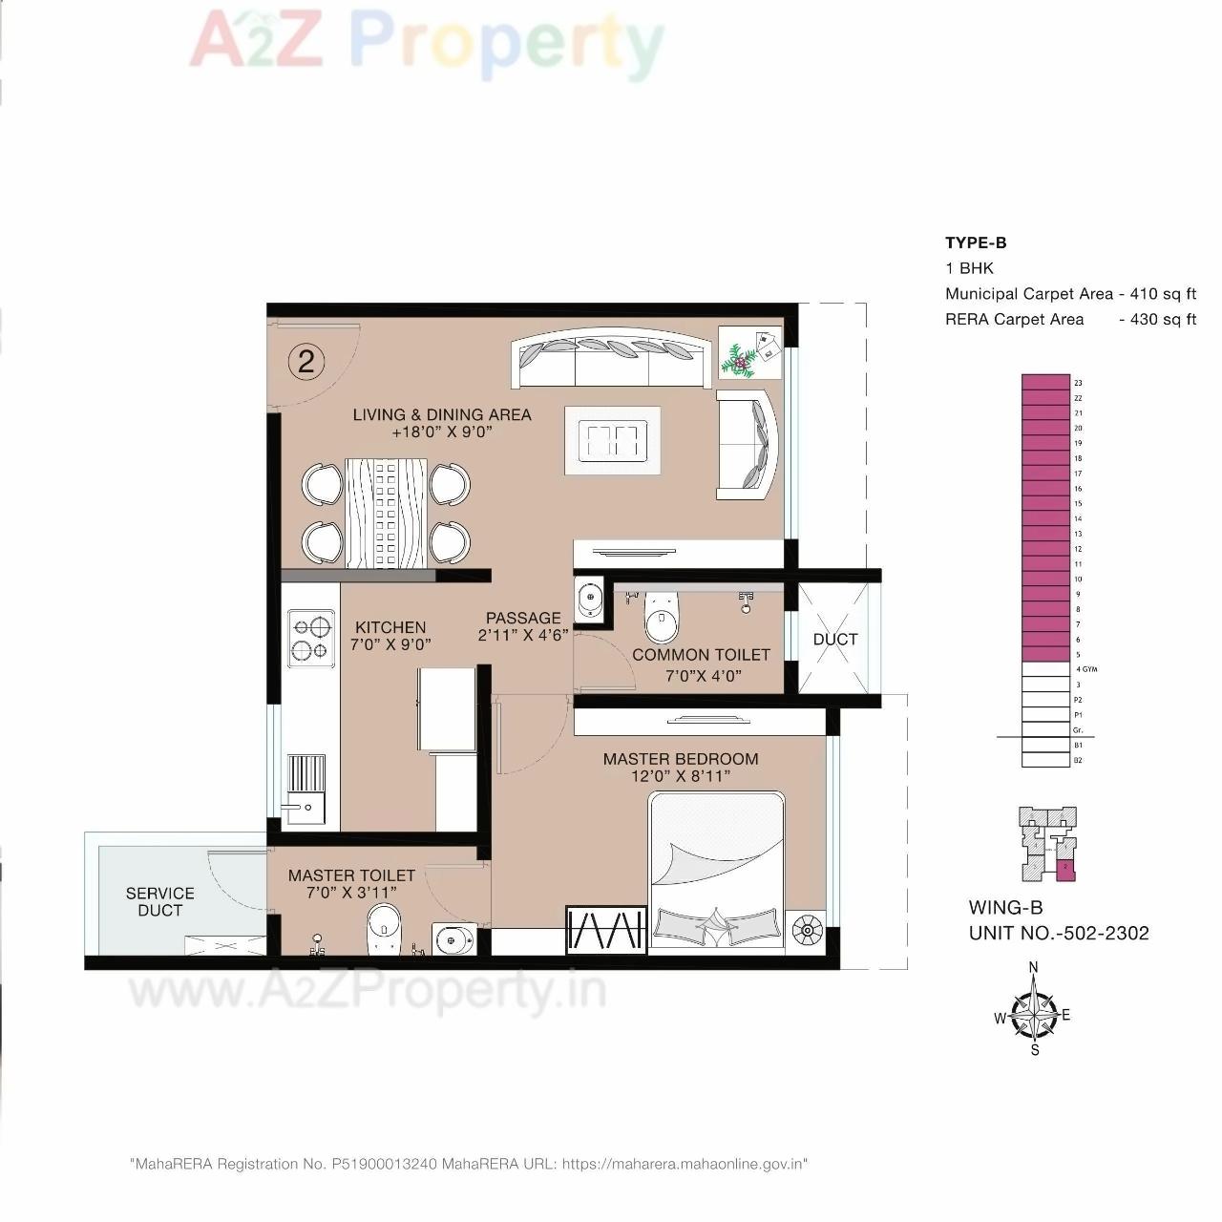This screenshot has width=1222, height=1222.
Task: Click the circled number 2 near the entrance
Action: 305,362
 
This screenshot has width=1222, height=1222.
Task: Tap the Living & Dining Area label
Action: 442,414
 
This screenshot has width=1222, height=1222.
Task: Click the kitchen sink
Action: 306,807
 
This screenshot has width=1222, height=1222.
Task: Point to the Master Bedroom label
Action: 681,759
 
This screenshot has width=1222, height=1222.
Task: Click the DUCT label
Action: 835,640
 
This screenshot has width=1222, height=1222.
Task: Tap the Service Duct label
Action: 160,902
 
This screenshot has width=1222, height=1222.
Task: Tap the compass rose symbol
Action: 1034,1014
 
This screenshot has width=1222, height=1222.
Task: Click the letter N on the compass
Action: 1033,967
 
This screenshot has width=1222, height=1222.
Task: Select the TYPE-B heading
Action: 976,242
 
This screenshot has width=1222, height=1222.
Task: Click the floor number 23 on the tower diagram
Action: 1078,383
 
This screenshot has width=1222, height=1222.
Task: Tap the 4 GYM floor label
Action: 1086,669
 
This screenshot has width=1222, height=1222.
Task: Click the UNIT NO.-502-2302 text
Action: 1059,934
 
